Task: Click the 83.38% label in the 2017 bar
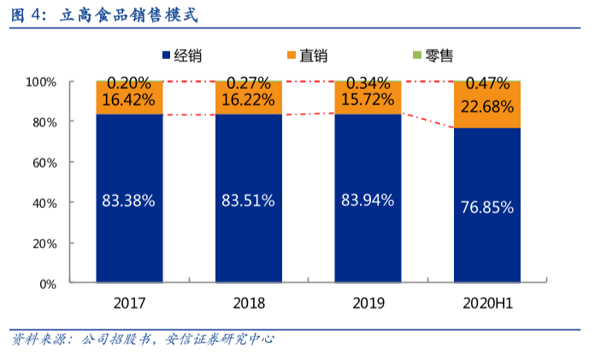[x=128, y=201]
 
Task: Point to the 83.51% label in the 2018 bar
[x=248, y=201]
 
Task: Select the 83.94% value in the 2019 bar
[x=367, y=200]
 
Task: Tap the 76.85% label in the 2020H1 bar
[x=486, y=207]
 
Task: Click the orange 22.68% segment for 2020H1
[x=486, y=106]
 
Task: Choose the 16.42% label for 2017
[x=128, y=99]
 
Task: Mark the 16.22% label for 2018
[x=248, y=99]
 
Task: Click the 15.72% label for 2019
[x=367, y=99]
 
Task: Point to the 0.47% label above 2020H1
[x=486, y=84]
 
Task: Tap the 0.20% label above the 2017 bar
[x=129, y=84]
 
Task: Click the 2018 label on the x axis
[x=249, y=303]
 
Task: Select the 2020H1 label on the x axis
[x=486, y=303]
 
